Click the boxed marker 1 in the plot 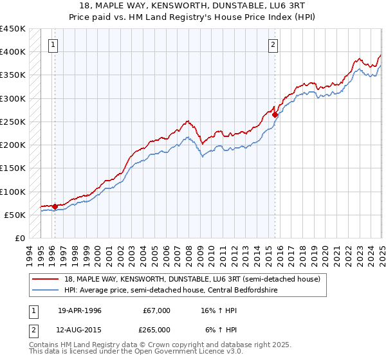pyautogui.click(x=52, y=44)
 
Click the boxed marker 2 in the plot pyautogui.click(x=273, y=44)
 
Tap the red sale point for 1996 pyautogui.click(x=55, y=207)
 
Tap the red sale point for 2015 pyautogui.click(x=275, y=115)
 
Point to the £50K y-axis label pyautogui.click(x=15, y=215)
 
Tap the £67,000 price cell pyautogui.click(x=156, y=310)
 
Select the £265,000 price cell pyautogui.click(x=156, y=330)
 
